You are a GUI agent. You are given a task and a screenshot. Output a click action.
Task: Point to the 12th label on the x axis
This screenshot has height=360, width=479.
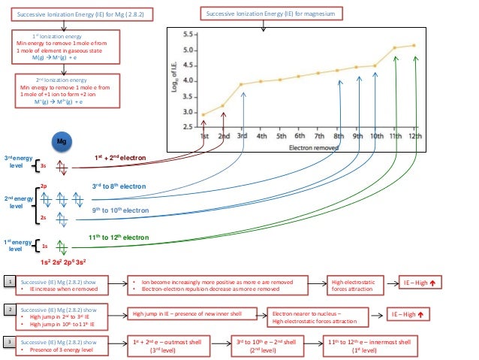pyautogui.click(x=414, y=136)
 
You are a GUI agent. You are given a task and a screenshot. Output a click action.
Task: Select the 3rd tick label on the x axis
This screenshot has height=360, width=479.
pyautogui.click(x=243, y=136)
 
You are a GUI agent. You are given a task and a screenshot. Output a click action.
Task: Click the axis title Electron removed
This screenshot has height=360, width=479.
pyautogui.click(x=309, y=147)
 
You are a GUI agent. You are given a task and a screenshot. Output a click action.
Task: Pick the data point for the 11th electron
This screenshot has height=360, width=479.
pyautogui.click(x=396, y=47)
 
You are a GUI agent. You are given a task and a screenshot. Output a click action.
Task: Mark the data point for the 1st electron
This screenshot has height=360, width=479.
pyautogui.click(x=204, y=115)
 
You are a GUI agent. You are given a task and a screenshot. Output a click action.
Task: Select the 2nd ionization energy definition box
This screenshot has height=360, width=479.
pyautogui.click(x=62, y=92)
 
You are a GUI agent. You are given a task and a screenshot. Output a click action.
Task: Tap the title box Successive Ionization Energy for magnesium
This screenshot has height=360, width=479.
pyautogui.click(x=264, y=14)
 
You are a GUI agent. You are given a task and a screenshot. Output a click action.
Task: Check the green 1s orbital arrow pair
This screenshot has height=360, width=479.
pyautogui.click(x=62, y=245)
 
